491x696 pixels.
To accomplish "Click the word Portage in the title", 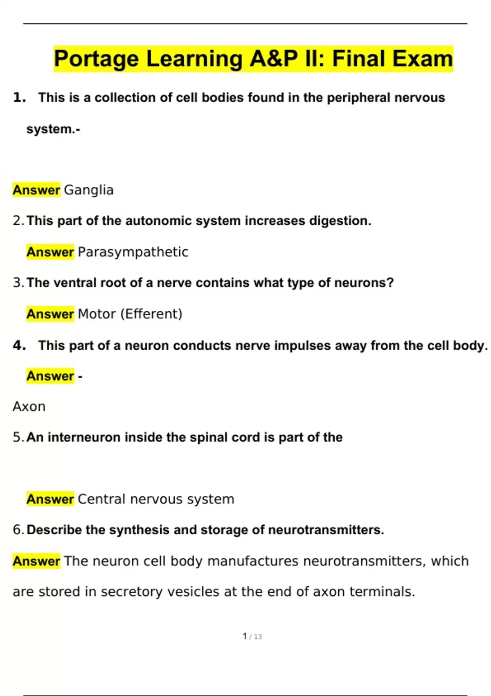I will click(x=97, y=59).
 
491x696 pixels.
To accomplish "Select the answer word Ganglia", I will click(x=89, y=190).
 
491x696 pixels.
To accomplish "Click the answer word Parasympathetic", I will click(x=133, y=252).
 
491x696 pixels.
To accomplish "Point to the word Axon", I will click(x=29, y=407).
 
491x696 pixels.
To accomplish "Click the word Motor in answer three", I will click(x=97, y=314).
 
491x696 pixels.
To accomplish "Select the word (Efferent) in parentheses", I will click(x=151, y=314).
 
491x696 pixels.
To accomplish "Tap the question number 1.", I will click(x=19, y=98).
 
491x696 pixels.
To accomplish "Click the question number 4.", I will click(x=19, y=346).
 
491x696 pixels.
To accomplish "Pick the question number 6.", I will click(x=18, y=530).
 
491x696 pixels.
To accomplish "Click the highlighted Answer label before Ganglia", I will click(x=36, y=190).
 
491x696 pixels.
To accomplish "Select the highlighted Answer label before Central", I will click(x=50, y=499).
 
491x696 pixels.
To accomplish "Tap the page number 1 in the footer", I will click(x=245, y=636).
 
